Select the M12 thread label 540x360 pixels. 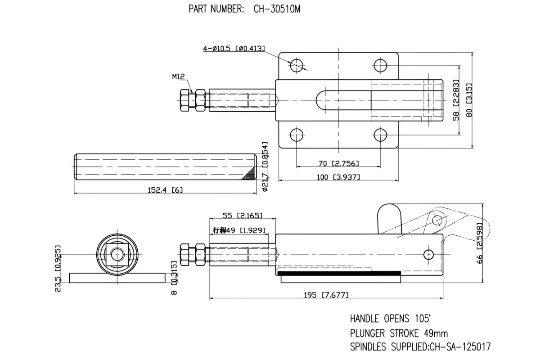(x=179, y=76)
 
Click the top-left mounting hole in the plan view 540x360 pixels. (x=297, y=65)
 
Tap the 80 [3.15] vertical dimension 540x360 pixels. (x=469, y=100)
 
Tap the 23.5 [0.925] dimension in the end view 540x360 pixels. (x=58, y=269)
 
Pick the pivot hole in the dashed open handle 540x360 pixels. (x=437, y=220)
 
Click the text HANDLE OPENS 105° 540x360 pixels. (x=390, y=319)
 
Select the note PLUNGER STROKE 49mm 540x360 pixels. (x=399, y=333)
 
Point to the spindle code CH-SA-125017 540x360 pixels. (x=460, y=347)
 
